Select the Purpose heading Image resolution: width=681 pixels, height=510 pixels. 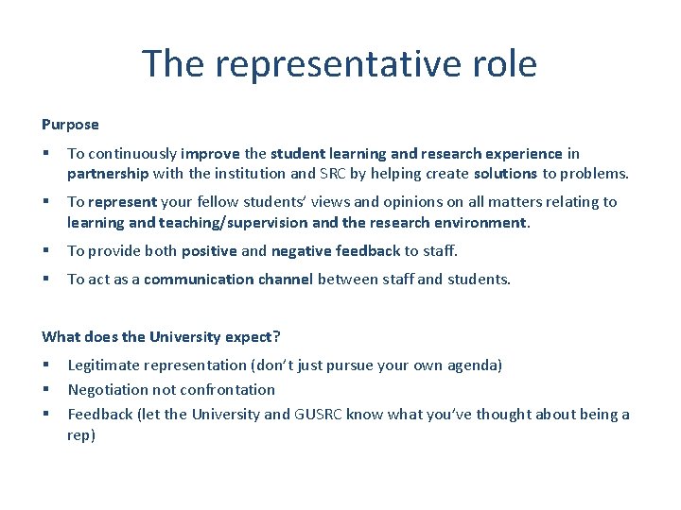[x=70, y=124]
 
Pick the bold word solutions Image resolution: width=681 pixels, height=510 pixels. [x=505, y=173]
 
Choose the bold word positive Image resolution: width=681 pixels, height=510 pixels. [x=209, y=250]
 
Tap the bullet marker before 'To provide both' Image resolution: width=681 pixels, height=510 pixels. [x=45, y=250]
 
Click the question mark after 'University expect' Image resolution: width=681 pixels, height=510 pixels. [x=277, y=336]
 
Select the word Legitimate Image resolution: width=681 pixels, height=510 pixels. [x=104, y=365]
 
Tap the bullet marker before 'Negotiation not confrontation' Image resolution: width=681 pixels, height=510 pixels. [x=45, y=389]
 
